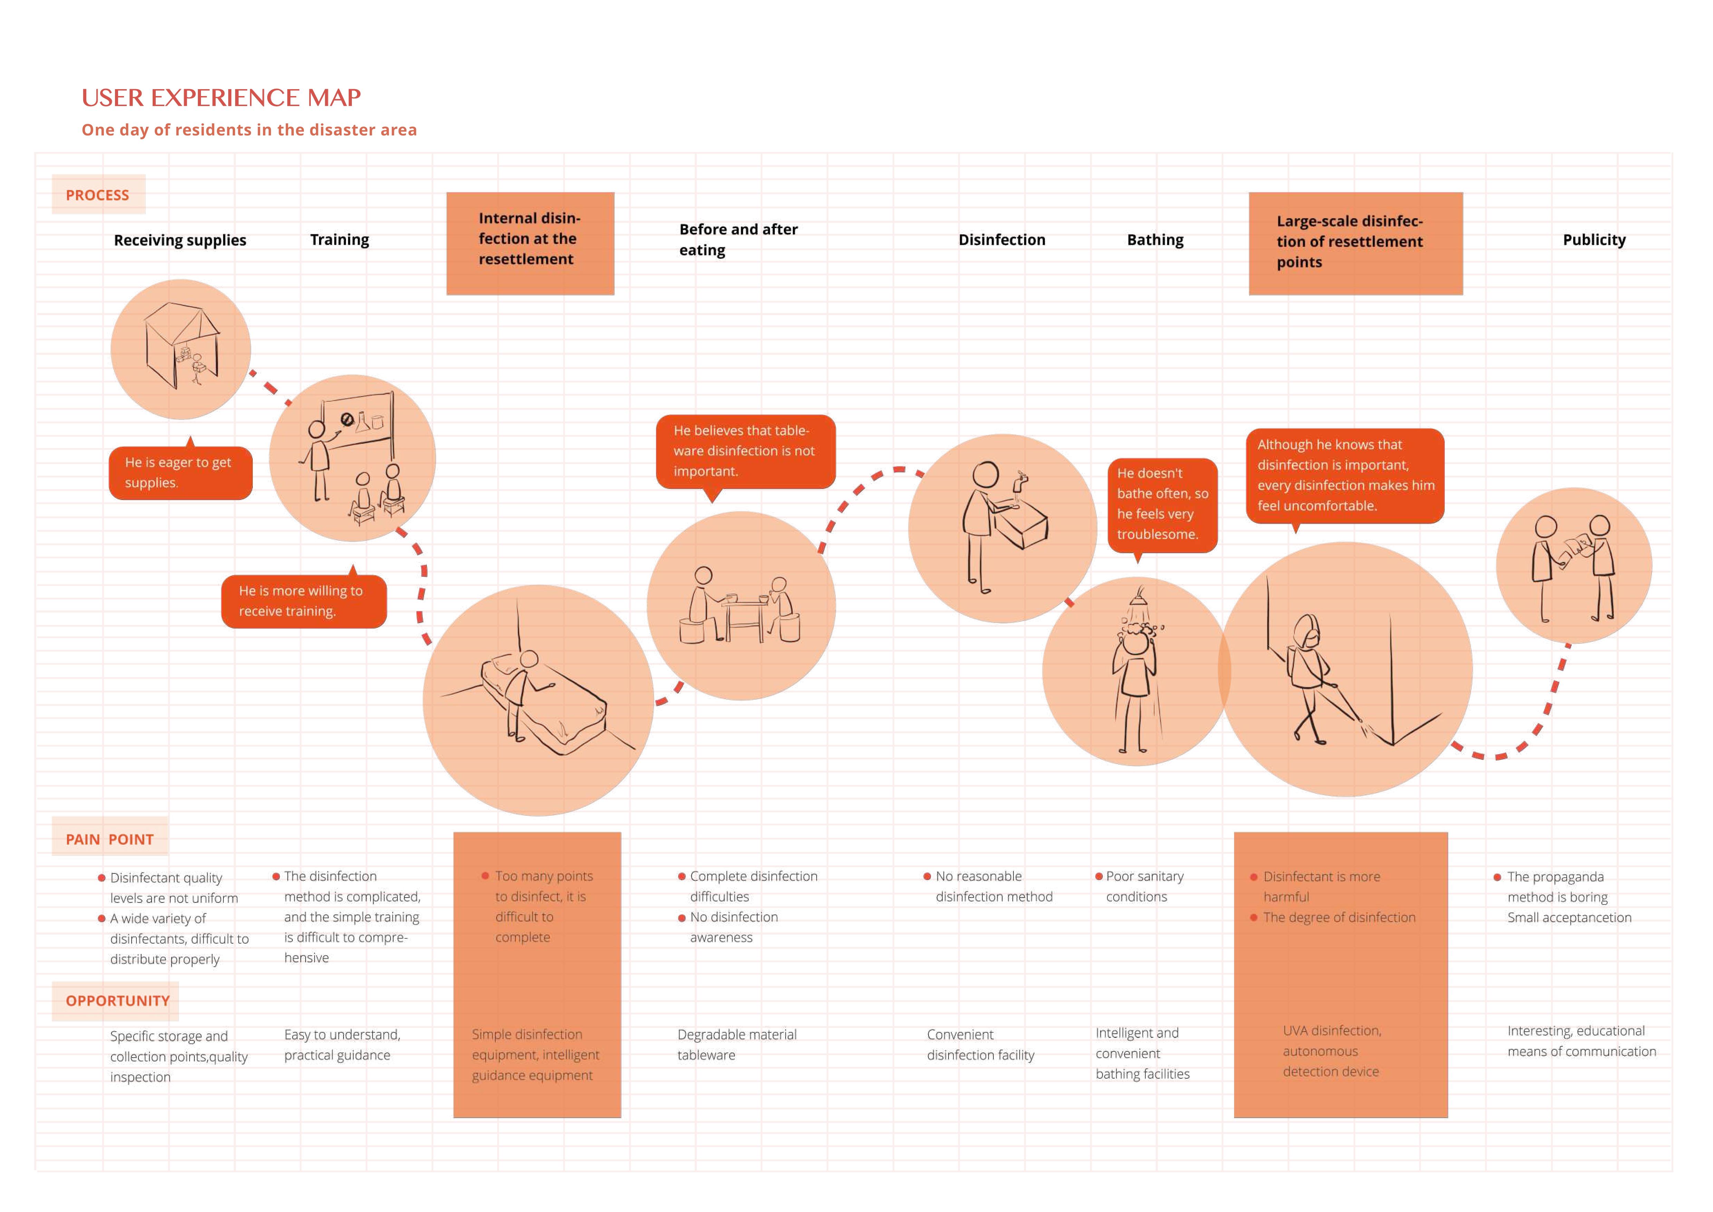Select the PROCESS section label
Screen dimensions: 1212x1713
(98, 195)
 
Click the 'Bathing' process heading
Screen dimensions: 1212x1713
(1155, 239)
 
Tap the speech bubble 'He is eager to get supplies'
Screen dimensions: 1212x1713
(180, 472)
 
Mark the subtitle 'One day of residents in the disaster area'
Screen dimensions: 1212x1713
(249, 130)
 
